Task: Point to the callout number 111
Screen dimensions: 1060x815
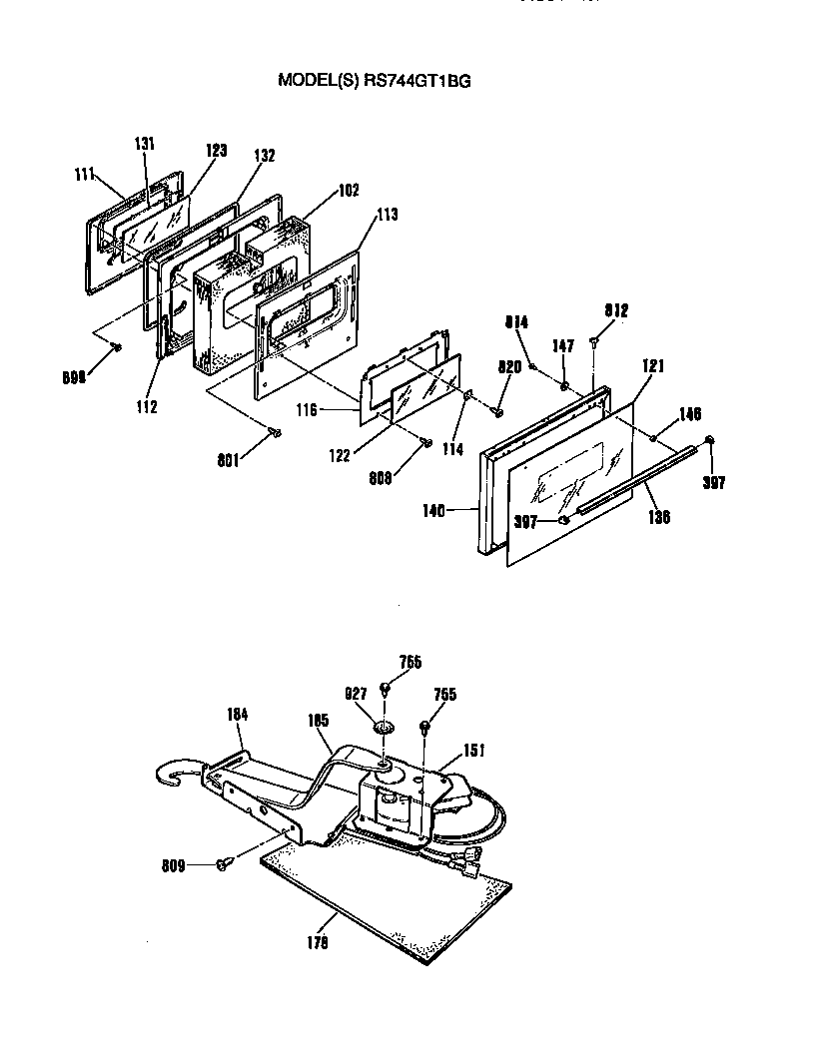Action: (x=84, y=175)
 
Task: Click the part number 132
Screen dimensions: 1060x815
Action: (x=264, y=156)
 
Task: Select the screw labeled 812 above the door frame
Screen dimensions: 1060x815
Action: (x=595, y=341)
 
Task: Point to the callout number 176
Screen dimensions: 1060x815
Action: (x=318, y=940)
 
